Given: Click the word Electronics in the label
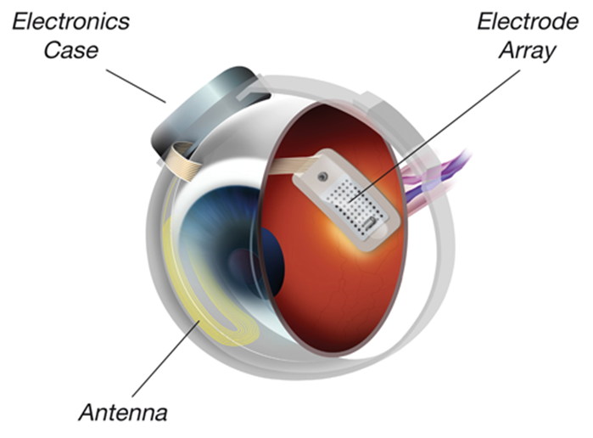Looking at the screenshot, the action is [70, 21].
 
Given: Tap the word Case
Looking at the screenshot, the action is [70, 50].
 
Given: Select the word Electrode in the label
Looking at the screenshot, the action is [528, 21].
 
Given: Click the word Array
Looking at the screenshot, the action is [528, 51].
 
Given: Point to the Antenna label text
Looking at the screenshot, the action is [123, 412].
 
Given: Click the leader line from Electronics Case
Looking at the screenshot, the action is [136, 86].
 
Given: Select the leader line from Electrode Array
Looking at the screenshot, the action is [434, 135].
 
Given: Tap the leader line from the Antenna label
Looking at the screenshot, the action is [165, 359].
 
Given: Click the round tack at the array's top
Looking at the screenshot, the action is [322, 176].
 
